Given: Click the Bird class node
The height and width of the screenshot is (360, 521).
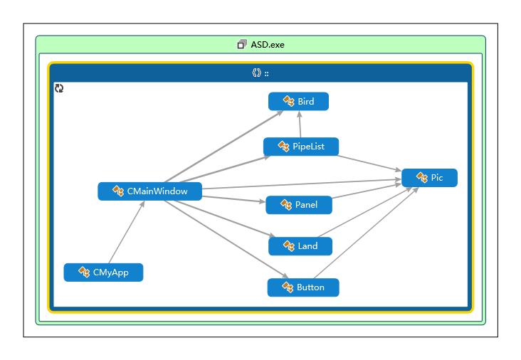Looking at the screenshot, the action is (298, 101).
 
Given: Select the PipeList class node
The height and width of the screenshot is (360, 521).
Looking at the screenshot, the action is (301, 147).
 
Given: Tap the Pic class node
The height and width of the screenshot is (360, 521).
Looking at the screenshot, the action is (429, 178).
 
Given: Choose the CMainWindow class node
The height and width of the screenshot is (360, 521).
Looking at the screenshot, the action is (150, 191).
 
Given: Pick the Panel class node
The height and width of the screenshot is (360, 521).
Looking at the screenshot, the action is (299, 205).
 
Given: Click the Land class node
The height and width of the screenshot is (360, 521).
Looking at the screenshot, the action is (300, 246).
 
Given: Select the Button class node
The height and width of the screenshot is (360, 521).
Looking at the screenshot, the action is (303, 287).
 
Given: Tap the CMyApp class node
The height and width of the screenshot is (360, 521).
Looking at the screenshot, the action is (103, 272).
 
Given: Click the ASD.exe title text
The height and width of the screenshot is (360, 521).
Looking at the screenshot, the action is (268, 45).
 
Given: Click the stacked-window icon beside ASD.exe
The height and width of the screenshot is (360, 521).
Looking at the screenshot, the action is (242, 44).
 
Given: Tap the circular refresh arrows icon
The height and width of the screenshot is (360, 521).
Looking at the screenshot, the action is (59, 88).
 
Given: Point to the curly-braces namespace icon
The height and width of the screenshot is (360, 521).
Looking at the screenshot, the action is (256, 73).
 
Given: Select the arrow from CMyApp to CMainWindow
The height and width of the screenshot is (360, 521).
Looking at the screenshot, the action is (127, 232).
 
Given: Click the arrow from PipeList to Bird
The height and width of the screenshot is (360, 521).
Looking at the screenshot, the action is (300, 125).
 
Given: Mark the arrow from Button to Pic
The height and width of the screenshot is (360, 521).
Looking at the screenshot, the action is (366, 233).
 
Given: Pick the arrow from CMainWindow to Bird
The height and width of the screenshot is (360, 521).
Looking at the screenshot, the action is (224, 147).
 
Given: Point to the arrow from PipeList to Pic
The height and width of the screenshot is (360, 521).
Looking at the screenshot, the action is (369, 164).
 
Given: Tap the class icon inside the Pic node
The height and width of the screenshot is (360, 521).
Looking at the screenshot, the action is (422, 177).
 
